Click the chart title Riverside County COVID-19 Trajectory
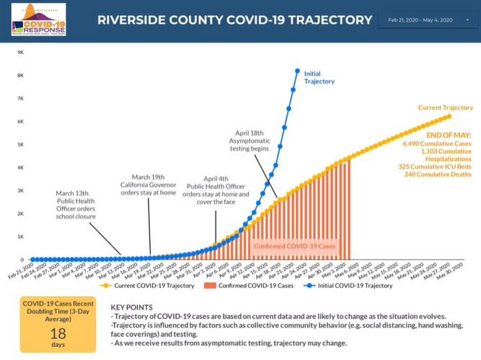tap(235, 19)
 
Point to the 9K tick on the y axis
tap(20, 53)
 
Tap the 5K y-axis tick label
tap(20, 144)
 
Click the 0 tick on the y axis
tap(22, 260)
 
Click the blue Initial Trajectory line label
tap(319, 78)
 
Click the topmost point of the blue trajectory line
tap(298, 71)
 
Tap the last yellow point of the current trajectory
tap(449, 116)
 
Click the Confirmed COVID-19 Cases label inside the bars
tap(294, 247)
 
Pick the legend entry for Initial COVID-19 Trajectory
tap(355, 286)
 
